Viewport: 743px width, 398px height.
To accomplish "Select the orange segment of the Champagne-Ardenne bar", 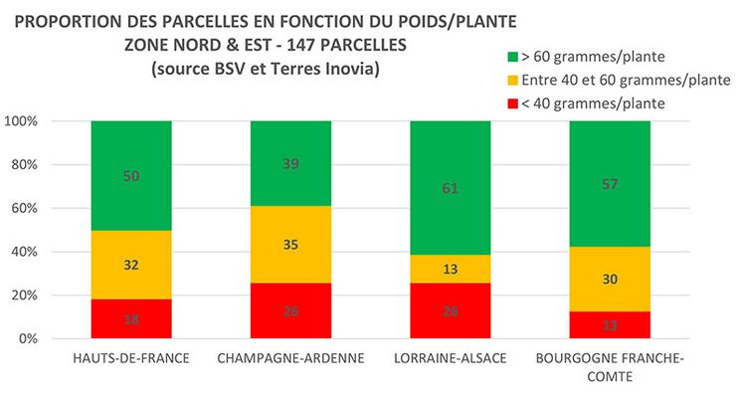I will tap(289, 245).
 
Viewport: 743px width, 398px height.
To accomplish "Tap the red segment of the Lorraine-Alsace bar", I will tap(450, 310).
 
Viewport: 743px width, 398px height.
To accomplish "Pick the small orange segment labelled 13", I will tap(450, 269).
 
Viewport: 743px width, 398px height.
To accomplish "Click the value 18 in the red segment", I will tap(130, 319).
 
